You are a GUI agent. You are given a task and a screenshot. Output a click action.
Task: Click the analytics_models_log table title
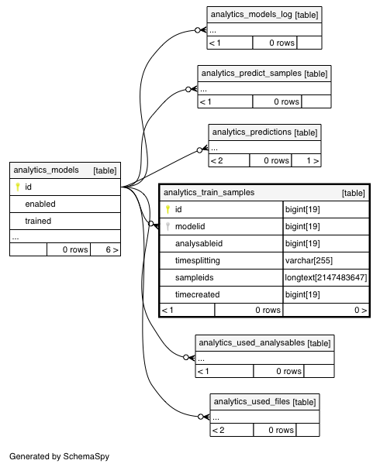tap(251, 14)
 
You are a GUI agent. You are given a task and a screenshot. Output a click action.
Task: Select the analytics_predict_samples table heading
tap(251, 74)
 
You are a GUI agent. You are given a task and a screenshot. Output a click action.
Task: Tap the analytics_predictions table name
tap(251, 132)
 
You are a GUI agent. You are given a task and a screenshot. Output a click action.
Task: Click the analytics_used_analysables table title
tap(251, 342)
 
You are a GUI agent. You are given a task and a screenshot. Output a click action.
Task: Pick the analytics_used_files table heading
tap(251, 401)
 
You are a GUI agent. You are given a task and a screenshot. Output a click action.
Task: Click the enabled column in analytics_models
tap(40, 204)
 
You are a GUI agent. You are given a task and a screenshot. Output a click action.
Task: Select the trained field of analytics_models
tap(38, 221)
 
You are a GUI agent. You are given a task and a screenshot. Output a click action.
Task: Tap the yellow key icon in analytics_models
tap(18, 187)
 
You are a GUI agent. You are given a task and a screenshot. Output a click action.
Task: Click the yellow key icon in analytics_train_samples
tap(168, 209)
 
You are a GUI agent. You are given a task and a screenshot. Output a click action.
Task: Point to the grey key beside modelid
tap(168, 226)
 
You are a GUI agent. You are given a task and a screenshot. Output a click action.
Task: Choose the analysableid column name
tap(199, 244)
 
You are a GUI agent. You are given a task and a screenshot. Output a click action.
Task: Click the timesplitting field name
tap(198, 260)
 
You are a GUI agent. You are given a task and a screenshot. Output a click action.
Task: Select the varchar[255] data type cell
tap(309, 260)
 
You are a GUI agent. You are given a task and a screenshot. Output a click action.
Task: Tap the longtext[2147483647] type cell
tap(326, 277)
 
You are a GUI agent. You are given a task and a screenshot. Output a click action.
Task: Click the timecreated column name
tap(198, 294)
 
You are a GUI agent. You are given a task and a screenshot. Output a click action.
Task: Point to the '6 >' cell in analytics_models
tap(105, 249)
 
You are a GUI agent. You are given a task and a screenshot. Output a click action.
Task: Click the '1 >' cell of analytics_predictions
tap(306, 161)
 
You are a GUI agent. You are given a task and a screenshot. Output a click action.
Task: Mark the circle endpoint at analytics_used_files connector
tap(201, 417)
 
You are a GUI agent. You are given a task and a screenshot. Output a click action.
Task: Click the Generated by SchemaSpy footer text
tap(60, 457)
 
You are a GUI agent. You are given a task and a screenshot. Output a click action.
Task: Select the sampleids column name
tap(194, 277)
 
